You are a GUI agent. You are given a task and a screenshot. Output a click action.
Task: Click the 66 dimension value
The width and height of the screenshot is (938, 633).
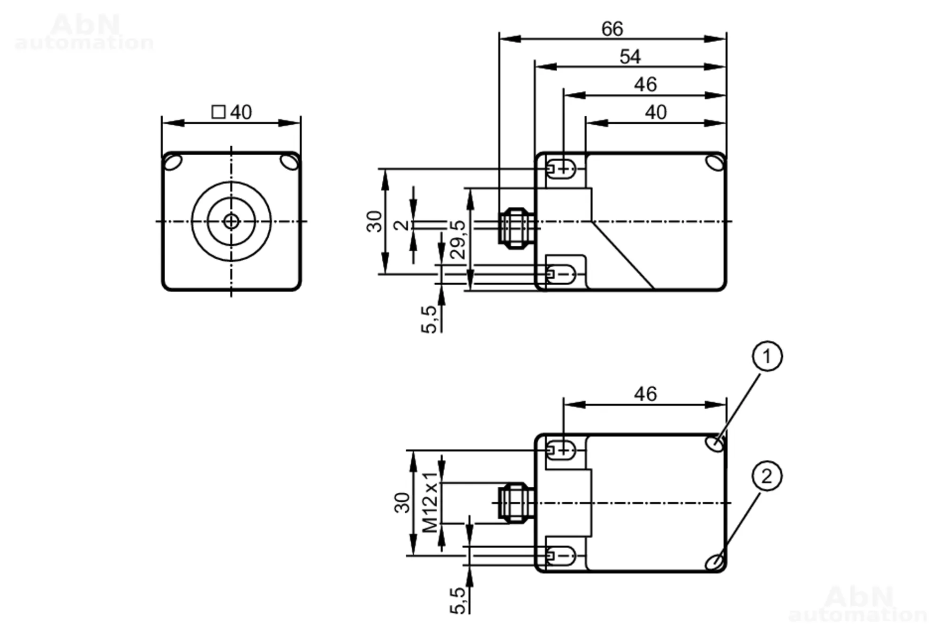[x=612, y=29]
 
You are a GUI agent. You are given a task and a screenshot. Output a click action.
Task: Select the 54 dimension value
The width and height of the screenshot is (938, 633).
[x=630, y=57]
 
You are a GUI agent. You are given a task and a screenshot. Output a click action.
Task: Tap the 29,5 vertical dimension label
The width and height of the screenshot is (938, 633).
[x=458, y=240]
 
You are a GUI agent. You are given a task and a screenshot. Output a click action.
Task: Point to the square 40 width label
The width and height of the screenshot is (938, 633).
[x=232, y=112]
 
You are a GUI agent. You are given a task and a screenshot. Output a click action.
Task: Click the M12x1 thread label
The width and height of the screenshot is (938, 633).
[x=430, y=503]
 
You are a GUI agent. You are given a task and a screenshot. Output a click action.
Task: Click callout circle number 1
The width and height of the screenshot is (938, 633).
[x=767, y=356]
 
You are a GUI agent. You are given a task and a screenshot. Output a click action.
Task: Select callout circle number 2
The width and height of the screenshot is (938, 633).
[x=767, y=476]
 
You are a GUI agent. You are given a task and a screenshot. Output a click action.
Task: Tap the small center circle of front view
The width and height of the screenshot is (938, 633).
[x=231, y=221]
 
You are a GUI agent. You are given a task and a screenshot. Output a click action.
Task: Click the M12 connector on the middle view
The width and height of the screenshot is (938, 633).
[x=516, y=228]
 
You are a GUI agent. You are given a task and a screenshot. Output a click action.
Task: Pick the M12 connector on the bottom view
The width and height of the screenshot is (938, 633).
[x=516, y=503]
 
